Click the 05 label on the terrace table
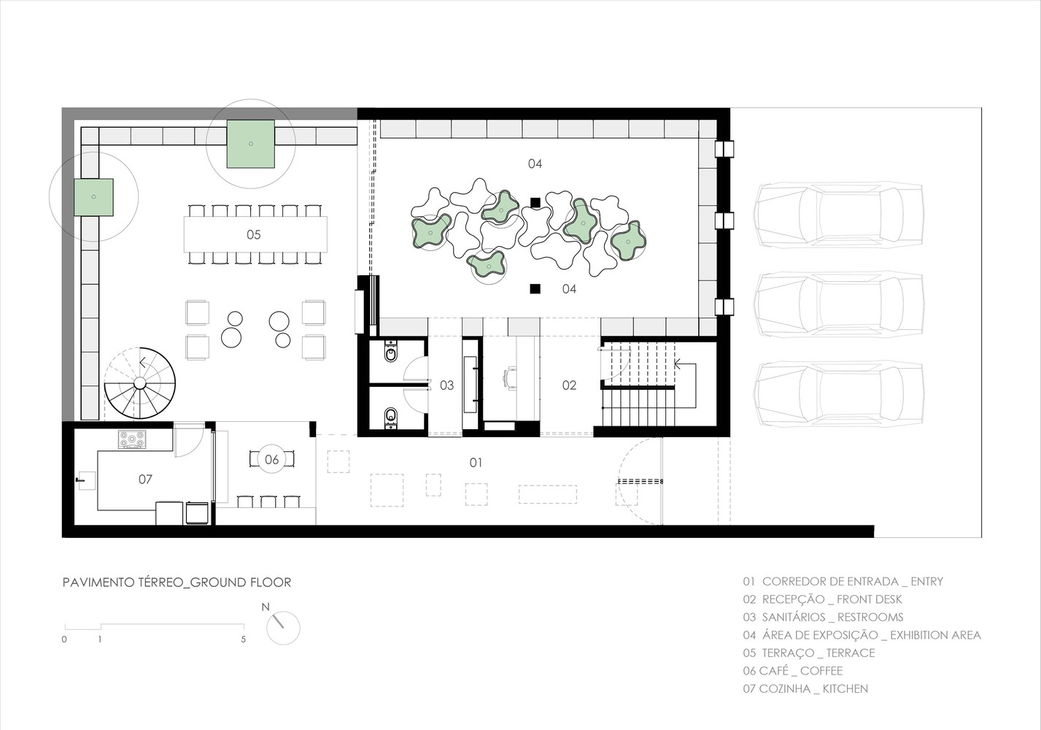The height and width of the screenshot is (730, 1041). tap(253, 234)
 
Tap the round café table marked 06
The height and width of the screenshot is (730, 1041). tap(271, 459)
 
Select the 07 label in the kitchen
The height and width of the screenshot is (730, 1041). tap(145, 479)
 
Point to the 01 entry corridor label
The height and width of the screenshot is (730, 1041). tap(475, 462)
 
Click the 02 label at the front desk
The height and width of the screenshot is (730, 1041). tap(569, 385)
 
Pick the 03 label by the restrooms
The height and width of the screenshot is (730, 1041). tap(446, 385)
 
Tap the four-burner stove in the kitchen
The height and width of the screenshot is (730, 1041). tap(132, 439)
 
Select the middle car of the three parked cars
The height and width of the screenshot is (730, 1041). tap(839, 304)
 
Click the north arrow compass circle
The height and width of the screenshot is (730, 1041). tap(283, 628)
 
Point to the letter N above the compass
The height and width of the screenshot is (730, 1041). tap(266, 607)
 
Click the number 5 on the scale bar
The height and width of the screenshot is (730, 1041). tap(244, 639)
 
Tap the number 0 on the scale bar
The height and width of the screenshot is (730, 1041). tap(65, 639)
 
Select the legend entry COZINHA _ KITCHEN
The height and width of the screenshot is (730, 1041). tap(805, 688)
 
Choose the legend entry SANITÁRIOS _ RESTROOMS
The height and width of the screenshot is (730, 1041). tap(823, 617)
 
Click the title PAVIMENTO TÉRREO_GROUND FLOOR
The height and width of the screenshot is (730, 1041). tap(177, 583)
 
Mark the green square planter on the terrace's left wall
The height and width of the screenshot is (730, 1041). tap(94, 197)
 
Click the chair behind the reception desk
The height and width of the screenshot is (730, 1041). tap(509, 377)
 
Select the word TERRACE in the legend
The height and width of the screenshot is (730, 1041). tap(850, 653)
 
